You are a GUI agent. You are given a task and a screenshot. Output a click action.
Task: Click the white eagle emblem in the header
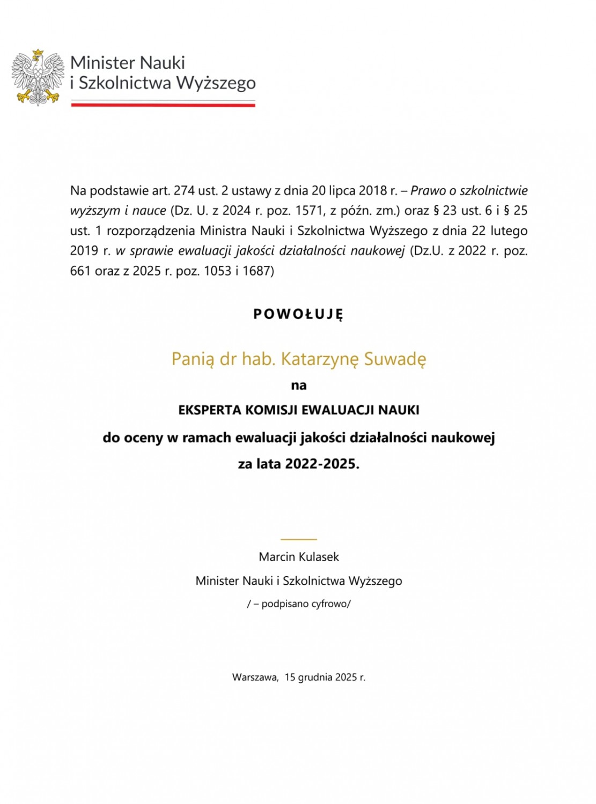[38, 77]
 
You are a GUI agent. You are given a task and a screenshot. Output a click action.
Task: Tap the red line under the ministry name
[163, 105]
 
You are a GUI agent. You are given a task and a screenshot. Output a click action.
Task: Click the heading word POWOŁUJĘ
[298, 314]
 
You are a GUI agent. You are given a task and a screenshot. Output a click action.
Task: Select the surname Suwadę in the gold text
[395, 359]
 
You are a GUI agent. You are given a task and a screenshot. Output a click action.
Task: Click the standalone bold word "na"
[299, 385]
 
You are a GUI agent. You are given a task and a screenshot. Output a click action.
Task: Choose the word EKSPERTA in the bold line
[210, 410]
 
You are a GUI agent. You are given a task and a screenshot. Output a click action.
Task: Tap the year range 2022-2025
[321, 464]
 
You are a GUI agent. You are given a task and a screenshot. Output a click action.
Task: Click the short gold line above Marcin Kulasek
[299, 539]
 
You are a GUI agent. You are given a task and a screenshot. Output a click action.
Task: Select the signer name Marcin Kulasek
[299, 557]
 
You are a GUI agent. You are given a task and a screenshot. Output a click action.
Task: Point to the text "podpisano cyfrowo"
[305, 604]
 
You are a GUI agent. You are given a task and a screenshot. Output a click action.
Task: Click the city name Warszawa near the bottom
[254, 677]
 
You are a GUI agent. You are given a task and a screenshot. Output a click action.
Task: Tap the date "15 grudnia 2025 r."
[325, 677]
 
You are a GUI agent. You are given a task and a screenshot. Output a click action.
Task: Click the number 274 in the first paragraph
[183, 190]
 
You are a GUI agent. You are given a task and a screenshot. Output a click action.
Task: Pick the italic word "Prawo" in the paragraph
[428, 190]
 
